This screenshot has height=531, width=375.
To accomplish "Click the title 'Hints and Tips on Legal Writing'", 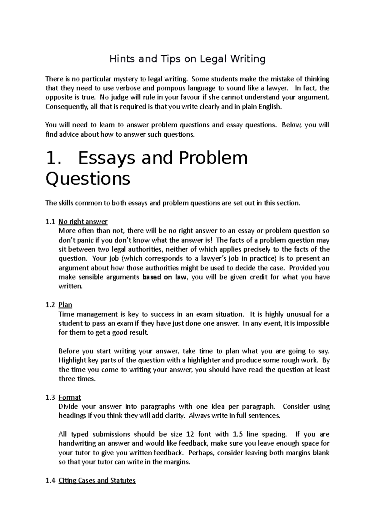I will (187, 59).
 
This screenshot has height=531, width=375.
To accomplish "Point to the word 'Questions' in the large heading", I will (88, 180).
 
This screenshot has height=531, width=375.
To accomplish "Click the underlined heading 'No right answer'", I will (83, 222).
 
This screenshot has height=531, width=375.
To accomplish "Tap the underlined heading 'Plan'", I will (65, 305).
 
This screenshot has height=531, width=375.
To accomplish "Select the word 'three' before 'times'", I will (67, 379).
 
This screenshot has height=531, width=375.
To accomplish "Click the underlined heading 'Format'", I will (70, 397).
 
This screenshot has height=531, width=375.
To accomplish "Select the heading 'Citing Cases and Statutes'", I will (97, 481).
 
